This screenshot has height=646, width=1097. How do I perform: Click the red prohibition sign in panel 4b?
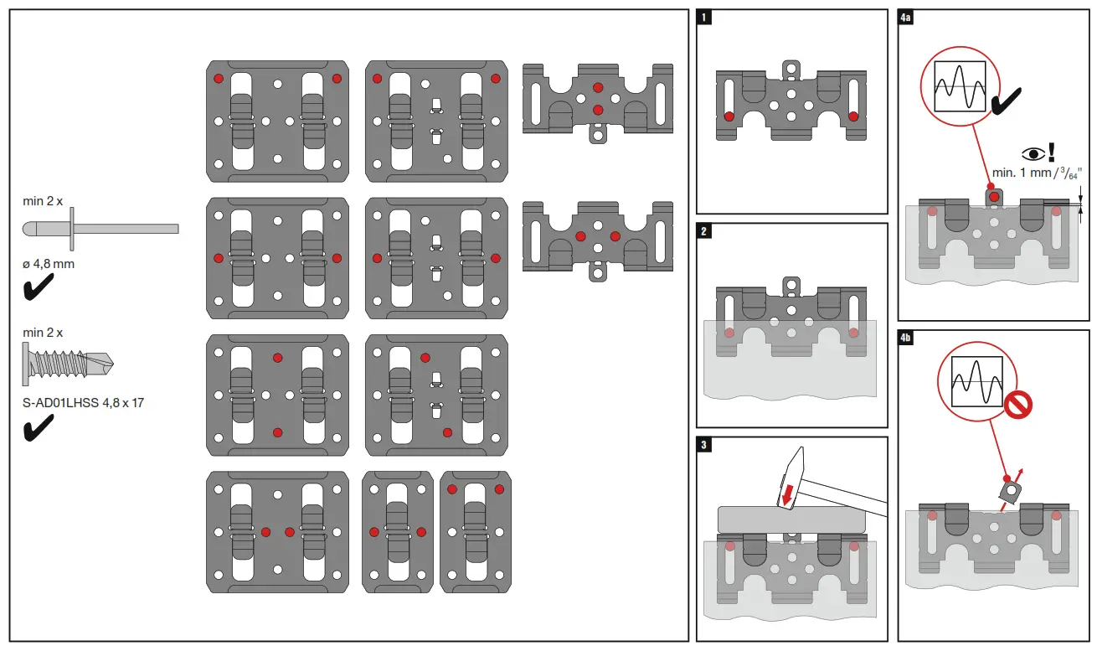pyautogui.click(x=1018, y=405)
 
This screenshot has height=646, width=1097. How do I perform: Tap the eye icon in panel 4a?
pyautogui.click(x=1032, y=154)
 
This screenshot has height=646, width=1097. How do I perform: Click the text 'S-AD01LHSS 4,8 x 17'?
pyautogui.click(x=83, y=403)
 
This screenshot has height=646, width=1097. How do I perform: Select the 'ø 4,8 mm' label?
pyautogui.click(x=49, y=264)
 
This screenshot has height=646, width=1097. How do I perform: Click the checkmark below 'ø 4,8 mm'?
pyautogui.click(x=39, y=289)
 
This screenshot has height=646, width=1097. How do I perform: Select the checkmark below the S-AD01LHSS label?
pyautogui.click(x=39, y=428)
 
